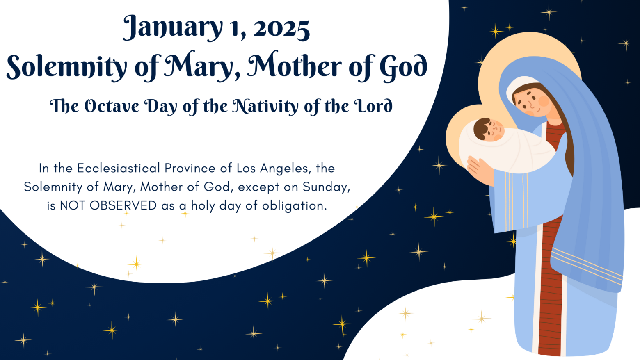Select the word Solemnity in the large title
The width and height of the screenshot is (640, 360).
click(66, 66)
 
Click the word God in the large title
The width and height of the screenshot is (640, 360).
click(403, 66)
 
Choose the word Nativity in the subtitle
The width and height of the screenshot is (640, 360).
click(265, 107)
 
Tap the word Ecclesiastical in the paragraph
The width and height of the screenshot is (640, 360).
click(118, 168)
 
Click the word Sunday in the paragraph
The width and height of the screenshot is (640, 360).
click(326, 187)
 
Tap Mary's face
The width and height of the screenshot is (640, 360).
click(532, 102)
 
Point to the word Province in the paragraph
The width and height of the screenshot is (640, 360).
click(190, 168)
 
